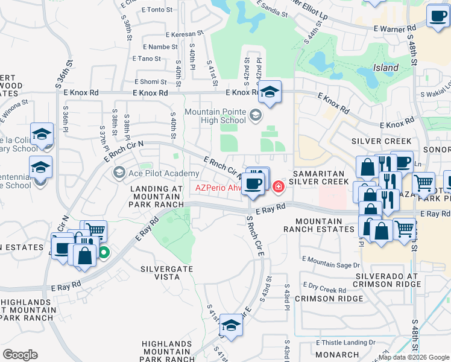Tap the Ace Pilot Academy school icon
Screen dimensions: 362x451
coord(119,174)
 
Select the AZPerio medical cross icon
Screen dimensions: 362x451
coord(278,186)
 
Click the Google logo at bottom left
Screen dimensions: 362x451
coord(20,355)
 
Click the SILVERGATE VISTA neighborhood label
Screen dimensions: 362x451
coord(160,272)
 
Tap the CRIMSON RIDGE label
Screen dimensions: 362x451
coord(321,299)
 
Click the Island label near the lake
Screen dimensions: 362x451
coord(386,68)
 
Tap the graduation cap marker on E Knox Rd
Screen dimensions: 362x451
coord(270,92)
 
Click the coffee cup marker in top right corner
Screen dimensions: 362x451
coord(437,16)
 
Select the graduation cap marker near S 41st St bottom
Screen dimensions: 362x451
coord(230,325)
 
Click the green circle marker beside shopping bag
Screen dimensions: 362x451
coord(104,253)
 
